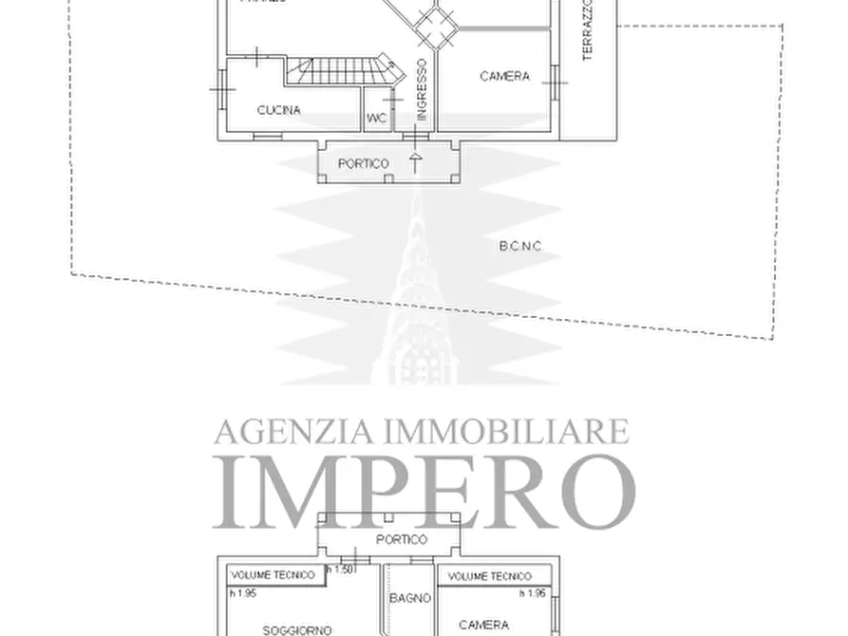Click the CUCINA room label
[x=278, y=110]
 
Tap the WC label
[x=375, y=119]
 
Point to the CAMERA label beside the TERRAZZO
[x=504, y=77]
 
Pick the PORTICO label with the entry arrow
[x=364, y=164]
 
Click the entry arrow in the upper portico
[x=415, y=162]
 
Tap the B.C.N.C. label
[x=519, y=246]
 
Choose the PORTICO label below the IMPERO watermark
[x=402, y=539]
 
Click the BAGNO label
[x=410, y=598]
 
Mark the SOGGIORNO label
[x=297, y=628]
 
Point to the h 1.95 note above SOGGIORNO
[x=243, y=594]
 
